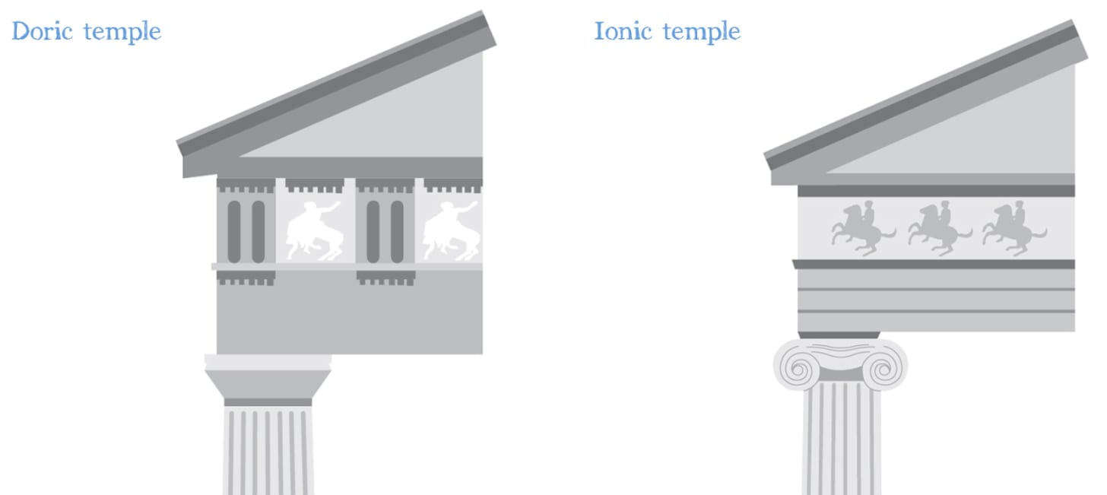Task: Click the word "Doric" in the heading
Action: click(x=43, y=32)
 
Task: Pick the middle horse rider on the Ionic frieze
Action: click(x=938, y=225)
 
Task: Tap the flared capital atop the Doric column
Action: click(x=268, y=377)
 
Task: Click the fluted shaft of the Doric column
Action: click(x=268, y=452)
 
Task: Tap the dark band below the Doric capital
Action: click(x=268, y=402)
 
